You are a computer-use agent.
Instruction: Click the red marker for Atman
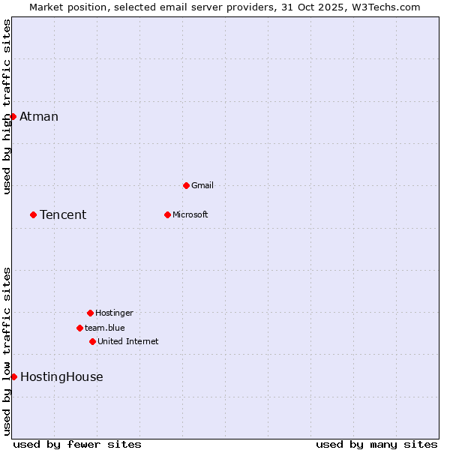click(x=13, y=116)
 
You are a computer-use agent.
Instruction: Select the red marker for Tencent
click(x=33, y=214)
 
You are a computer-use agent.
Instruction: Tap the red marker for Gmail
click(x=186, y=185)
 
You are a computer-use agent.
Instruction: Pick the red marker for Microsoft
click(x=167, y=214)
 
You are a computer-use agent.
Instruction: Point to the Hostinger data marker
click(x=90, y=313)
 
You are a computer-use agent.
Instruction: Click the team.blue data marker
click(x=79, y=328)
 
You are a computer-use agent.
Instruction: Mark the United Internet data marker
click(x=92, y=341)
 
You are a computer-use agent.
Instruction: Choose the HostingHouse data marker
click(x=13, y=376)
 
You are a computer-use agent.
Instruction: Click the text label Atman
click(x=39, y=116)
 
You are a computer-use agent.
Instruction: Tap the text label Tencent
click(x=63, y=214)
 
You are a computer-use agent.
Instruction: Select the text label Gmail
click(x=202, y=185)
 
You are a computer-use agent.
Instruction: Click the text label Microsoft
click(x=190, y=214)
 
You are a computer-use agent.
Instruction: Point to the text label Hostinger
click(x=114, y=313)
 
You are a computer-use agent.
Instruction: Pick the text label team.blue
click(x=105, y=328)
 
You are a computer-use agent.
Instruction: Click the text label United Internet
click(x=128, y=341)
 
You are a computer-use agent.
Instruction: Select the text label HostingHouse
click(x=61, y=376)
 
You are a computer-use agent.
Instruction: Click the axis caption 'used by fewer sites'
click(x=77, y=444)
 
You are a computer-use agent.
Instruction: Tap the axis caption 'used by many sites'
click(x=376, y=444)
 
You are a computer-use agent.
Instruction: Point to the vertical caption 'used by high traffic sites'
click(x=7, y=106)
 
